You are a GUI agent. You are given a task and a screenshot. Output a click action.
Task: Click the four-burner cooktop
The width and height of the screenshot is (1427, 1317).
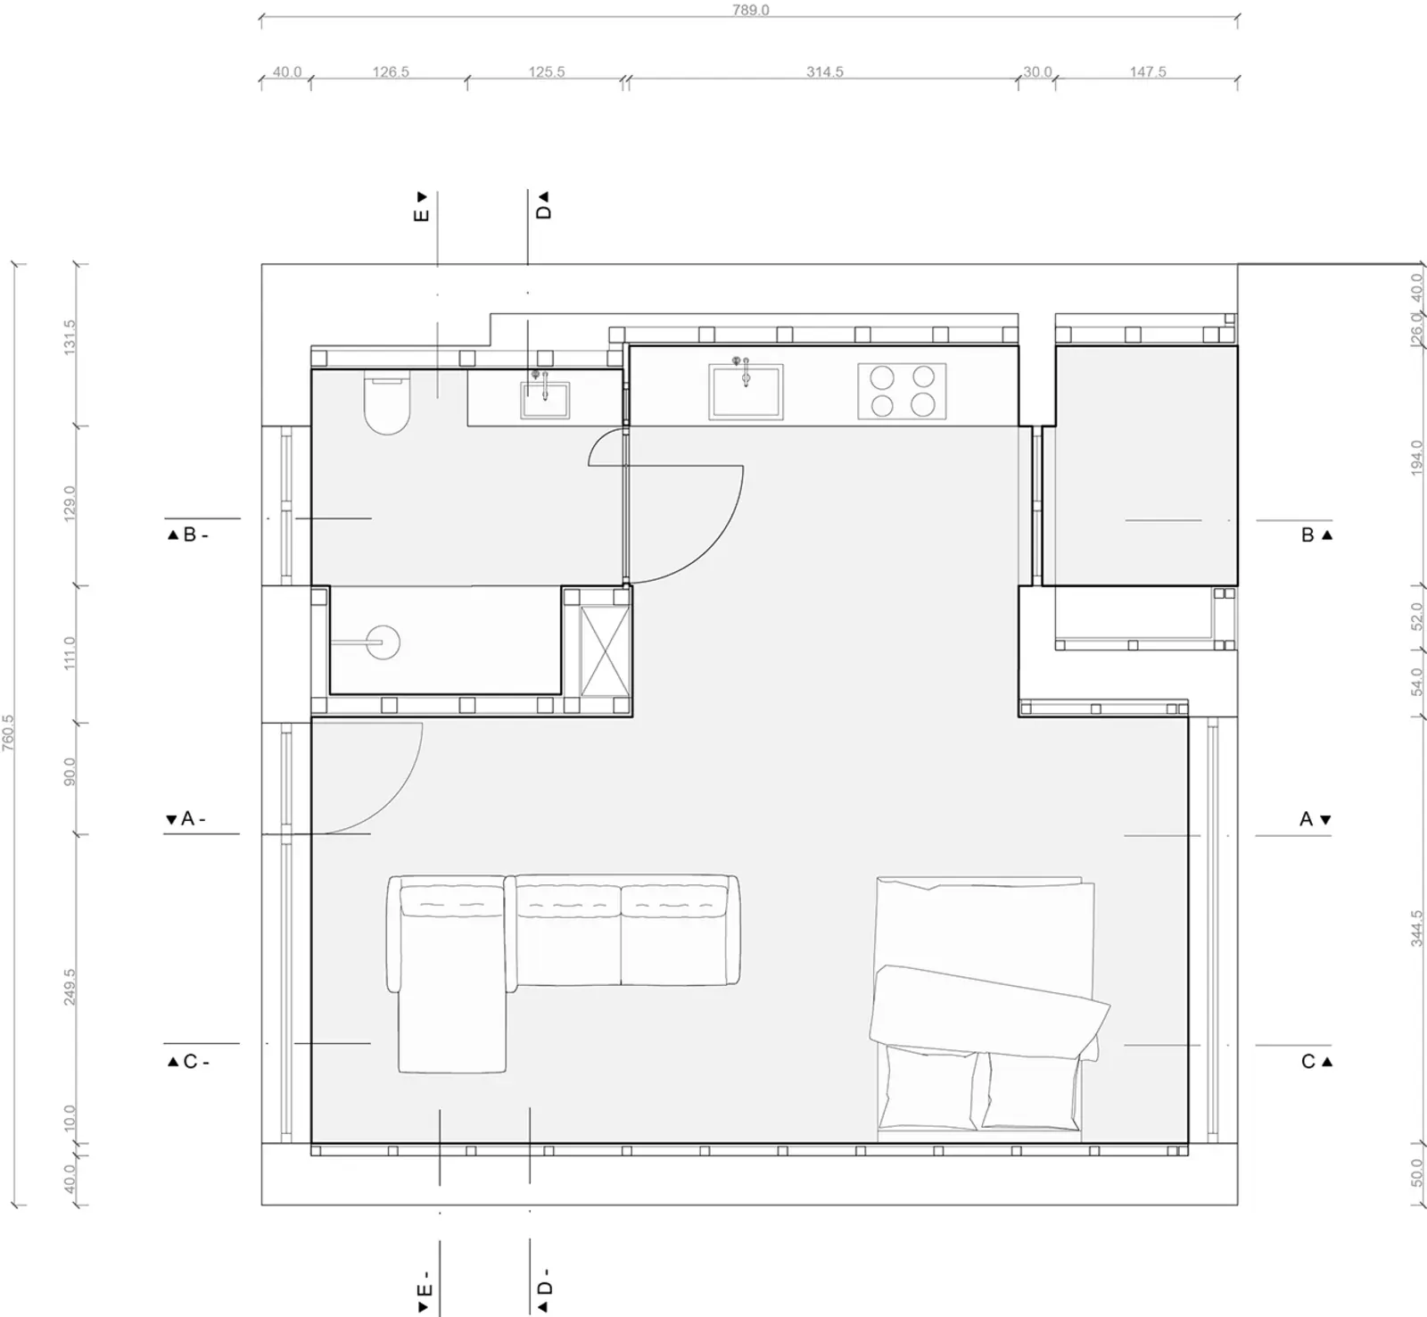tap(902, 391)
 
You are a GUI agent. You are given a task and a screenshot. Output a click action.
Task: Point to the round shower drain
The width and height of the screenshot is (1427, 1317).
tap(384, 642)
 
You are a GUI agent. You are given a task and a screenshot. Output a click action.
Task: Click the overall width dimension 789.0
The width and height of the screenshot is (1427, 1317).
tap(750, 10)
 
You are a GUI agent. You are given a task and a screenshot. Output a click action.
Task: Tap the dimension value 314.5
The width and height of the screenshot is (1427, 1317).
tap(825, 71)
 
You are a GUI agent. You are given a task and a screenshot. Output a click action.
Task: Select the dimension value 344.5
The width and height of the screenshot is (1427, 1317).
tap(1417, 928)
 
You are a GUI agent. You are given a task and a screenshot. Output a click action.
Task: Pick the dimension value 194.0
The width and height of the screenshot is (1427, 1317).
tap(1417, 458)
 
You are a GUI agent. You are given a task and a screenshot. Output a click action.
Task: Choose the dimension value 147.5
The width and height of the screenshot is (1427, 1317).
tap(1148, 71)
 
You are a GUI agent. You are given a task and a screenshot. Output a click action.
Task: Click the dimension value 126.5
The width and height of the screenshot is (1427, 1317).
tap(391, 71)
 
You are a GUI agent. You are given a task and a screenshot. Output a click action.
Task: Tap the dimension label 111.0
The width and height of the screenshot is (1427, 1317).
tap(70, 653)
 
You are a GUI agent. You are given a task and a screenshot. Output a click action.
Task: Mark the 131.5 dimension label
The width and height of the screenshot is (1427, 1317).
tap(70, 338)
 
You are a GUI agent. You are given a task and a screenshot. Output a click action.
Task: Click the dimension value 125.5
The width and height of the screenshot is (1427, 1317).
tap(547, 71)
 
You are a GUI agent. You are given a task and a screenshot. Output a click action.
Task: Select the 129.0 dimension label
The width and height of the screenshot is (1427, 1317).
tap(70, 504)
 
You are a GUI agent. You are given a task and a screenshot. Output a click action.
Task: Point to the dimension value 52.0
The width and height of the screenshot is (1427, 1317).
tap(1417, 616)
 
